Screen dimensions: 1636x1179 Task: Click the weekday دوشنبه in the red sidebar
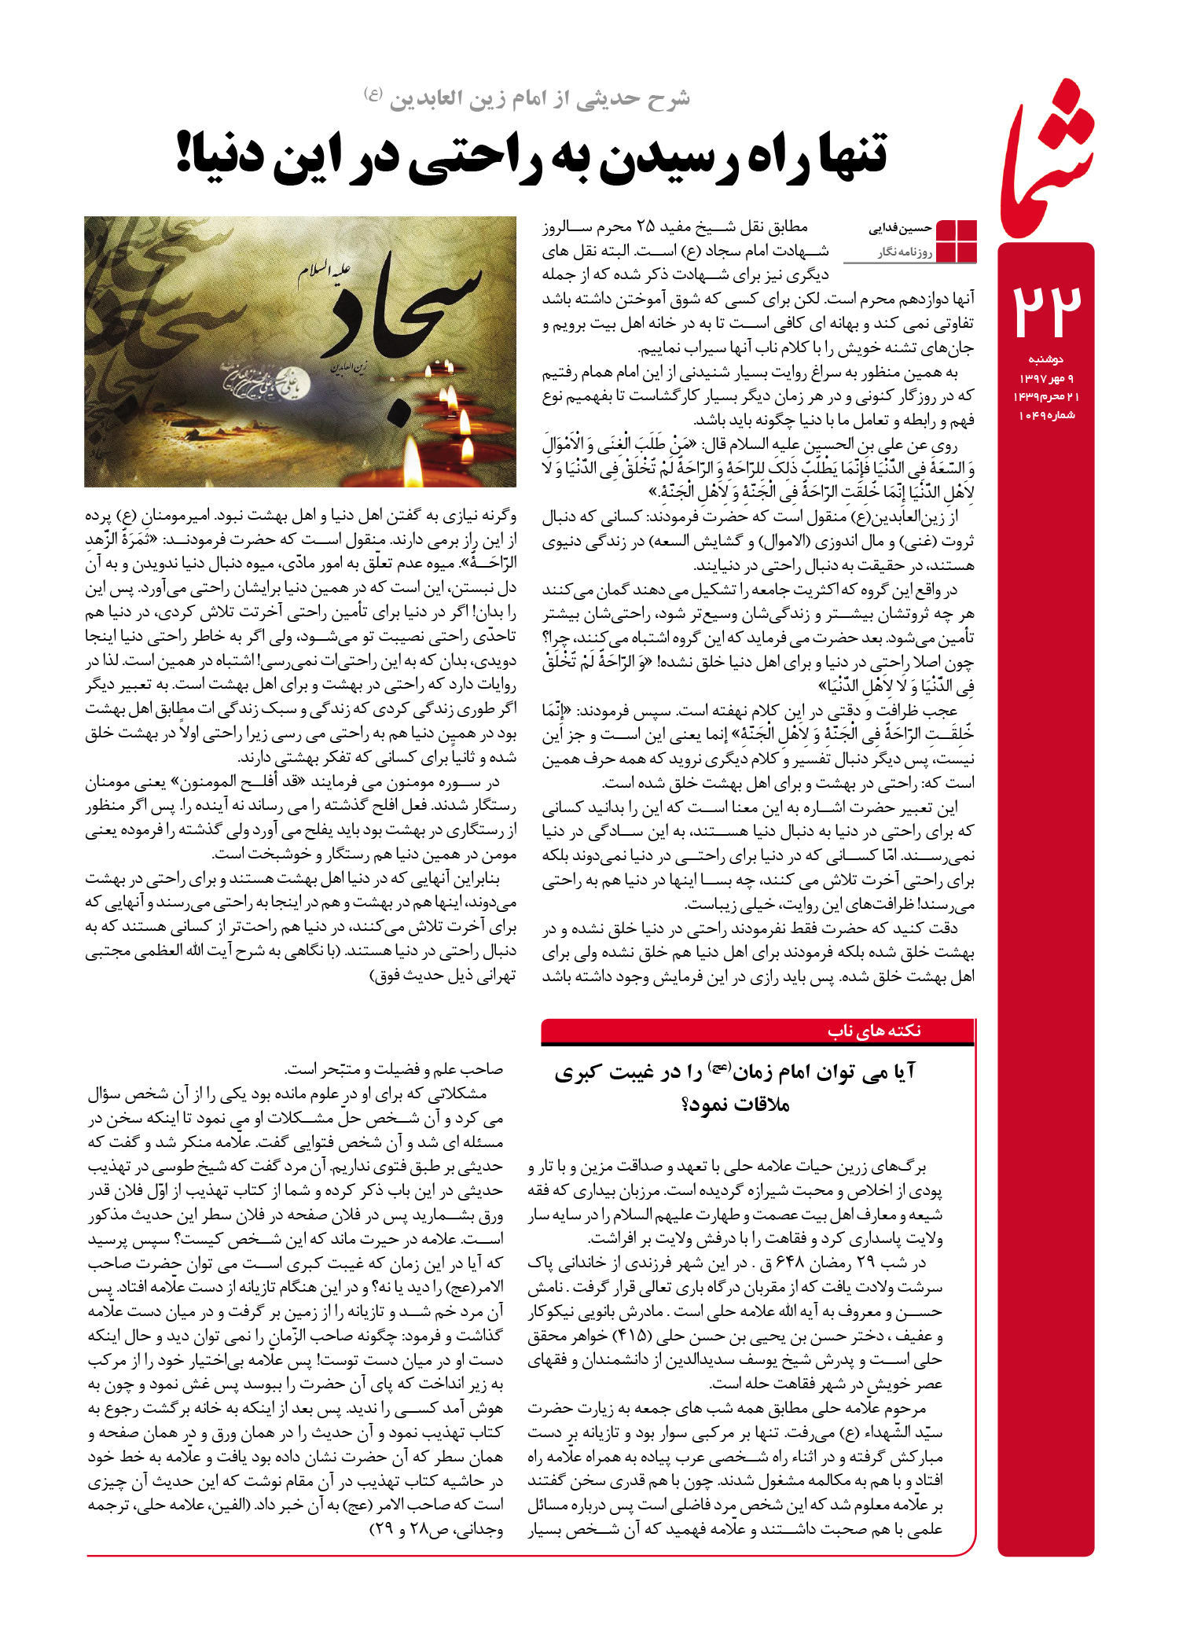coord(1045,359)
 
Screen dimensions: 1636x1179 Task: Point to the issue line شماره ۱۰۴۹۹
coord(1046,415)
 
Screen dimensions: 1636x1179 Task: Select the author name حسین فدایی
coord(900,228)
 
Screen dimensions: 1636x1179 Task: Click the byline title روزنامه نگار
coord(905,252)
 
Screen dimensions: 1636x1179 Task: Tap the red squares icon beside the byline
coord(956,240)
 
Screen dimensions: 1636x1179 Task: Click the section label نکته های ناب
coord(874,1031)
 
